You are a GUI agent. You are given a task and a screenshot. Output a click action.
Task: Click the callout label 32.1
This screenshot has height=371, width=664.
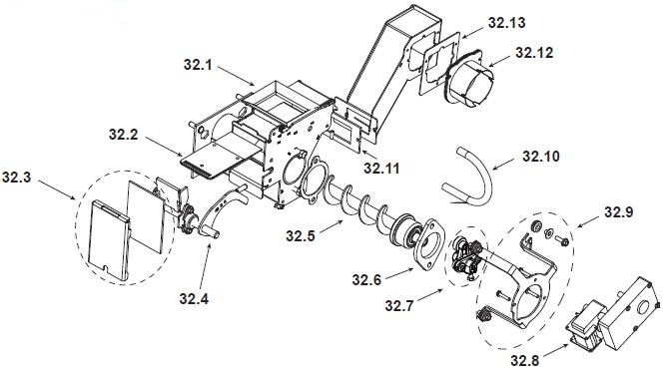(x=198, y=65)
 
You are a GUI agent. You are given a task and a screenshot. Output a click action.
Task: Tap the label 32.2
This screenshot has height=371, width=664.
(x=123, y=135)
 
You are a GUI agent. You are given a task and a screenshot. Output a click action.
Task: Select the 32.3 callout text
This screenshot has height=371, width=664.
(x=17, y=178)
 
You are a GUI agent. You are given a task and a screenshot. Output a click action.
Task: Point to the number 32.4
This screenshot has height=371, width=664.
(x=194, y=298)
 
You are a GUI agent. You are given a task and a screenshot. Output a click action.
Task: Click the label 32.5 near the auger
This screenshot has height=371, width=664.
(x=301, y=235)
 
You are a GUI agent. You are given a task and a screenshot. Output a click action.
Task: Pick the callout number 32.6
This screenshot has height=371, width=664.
(x=366, y=279)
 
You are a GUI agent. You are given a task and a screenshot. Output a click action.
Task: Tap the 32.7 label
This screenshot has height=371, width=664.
(x=399, y=305)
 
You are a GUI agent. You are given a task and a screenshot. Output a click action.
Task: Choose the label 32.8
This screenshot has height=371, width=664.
(x=524, y=360)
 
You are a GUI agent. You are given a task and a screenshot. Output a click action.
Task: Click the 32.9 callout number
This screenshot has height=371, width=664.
(x=619, y=212)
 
